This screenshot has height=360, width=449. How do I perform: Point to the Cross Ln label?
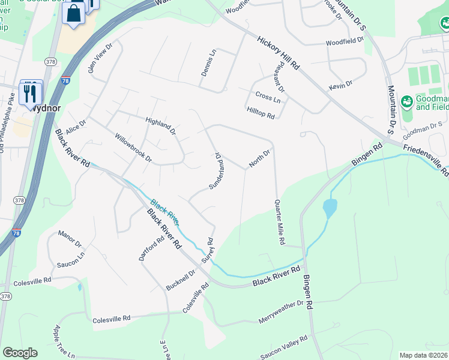pos(267,97)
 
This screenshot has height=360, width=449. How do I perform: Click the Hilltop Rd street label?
pos(260,112)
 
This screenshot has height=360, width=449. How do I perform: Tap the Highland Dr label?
pos(160,125)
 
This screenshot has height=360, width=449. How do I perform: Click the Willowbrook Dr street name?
pos(133,148)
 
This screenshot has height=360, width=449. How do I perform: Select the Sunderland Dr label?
pos(215,171)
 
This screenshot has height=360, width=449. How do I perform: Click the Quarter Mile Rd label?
pos(279,223)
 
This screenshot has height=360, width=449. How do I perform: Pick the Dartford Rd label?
pos(151,249)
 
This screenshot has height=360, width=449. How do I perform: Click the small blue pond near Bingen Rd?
pos(330,209)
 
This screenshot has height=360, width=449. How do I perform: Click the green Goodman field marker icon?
pos(407,101)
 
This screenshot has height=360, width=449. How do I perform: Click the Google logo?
pos(20,353)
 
